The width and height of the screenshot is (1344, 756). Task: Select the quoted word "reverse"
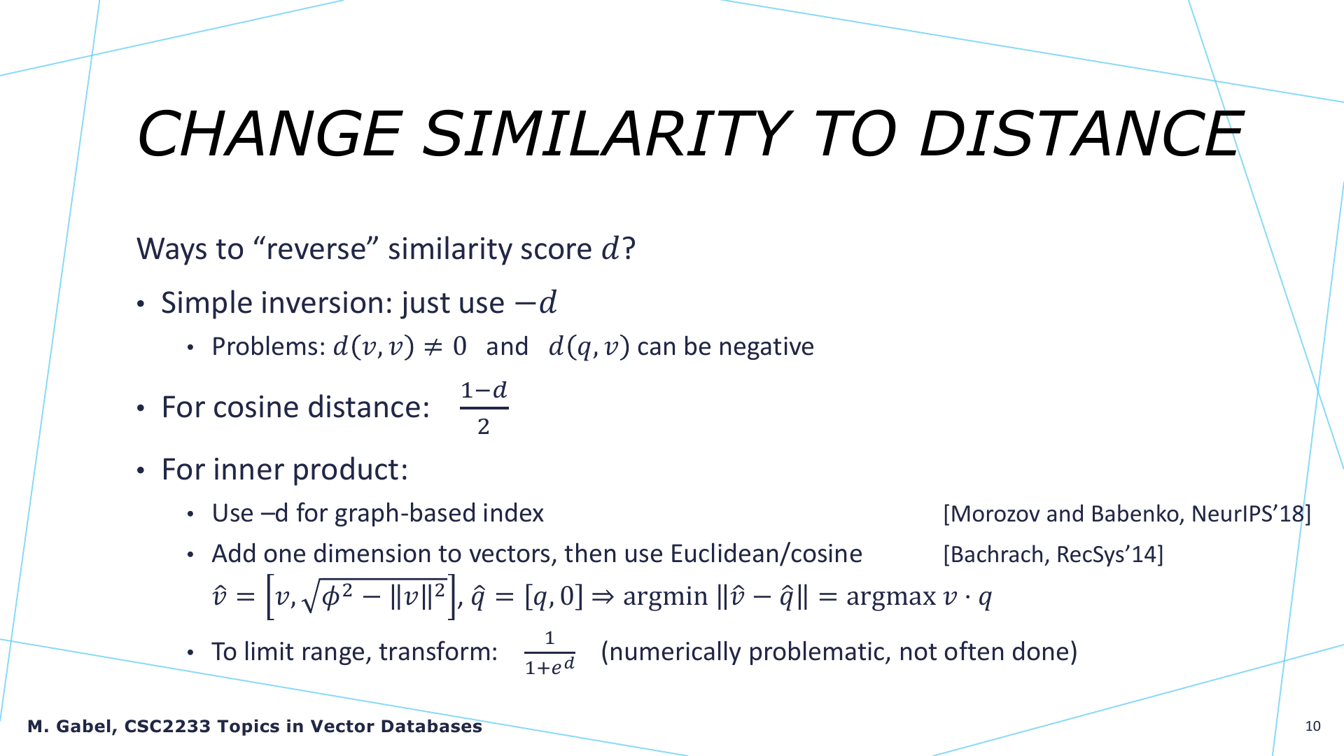point(317,248)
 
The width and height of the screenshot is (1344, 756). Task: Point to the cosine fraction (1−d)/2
point(484,408)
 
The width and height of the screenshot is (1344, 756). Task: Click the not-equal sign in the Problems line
point(434,346)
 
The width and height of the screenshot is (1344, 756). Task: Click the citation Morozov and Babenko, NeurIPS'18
point(1127,514)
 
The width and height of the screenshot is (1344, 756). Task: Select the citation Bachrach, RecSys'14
point(1053,554)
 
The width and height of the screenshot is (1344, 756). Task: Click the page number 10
point(1313,726)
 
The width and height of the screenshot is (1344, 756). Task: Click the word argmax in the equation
point(891,596)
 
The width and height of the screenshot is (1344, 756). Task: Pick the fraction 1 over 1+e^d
point(549,652)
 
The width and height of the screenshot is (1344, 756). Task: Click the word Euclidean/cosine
point(766,554)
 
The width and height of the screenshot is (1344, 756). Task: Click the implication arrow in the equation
point(603,596)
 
